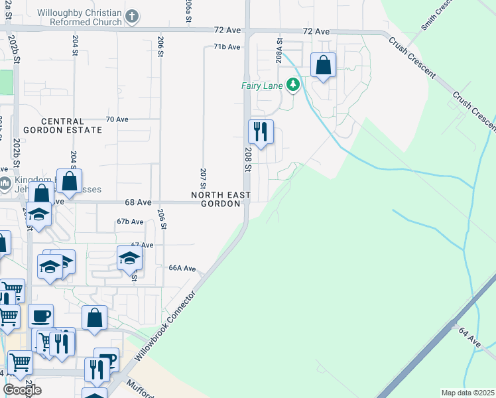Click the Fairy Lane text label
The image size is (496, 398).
click(262, 86)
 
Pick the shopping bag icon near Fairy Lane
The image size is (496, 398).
click(323, 66)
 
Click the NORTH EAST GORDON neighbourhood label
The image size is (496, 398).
click(221, 200)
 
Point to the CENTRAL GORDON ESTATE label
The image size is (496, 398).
click(62, 126)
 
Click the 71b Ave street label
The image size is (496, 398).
click(226, 47)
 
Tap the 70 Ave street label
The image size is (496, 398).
click(117, 119)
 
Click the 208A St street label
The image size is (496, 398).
click(280, 50)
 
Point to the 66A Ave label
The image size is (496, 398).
click(182, 269)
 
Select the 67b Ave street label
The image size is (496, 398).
click(130, 222)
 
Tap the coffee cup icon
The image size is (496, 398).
click(40, 315)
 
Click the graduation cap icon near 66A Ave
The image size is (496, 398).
click(129, 257)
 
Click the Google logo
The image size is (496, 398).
click(23, 390)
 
